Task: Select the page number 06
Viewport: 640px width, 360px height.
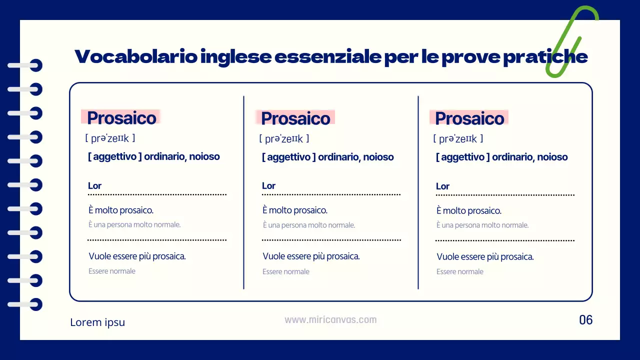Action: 585,320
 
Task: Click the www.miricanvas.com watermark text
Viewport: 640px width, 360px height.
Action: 330,320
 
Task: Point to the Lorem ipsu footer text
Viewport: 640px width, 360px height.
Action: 97,322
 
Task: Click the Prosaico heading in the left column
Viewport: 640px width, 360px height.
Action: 121,118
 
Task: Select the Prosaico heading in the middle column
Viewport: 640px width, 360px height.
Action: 295,118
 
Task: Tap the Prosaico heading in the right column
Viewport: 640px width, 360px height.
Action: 469,118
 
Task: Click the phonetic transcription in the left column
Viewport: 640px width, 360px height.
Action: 110,138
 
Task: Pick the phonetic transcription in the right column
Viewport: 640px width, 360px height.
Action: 458,139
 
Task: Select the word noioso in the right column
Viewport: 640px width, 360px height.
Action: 552,157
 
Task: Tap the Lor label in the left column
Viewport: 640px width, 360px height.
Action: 94,186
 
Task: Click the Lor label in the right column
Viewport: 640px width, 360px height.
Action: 442,186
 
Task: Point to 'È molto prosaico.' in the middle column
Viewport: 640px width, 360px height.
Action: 295,210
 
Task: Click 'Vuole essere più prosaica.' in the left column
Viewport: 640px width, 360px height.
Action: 137,256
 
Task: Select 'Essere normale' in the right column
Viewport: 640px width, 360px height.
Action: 460,272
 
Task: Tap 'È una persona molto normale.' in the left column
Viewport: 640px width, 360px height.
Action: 134,225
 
